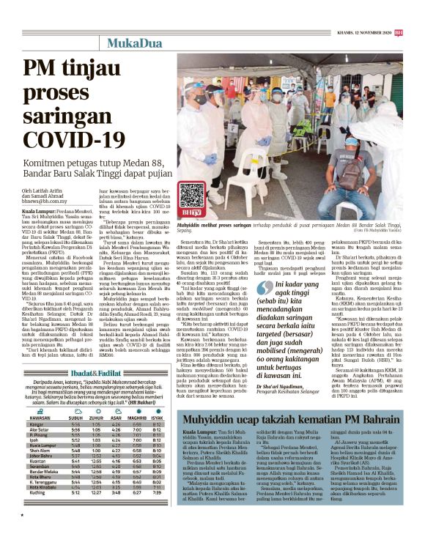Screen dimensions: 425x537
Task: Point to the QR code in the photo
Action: (192, 196)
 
